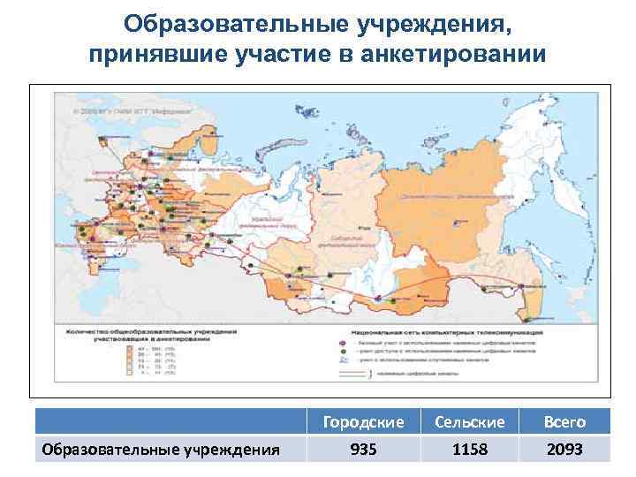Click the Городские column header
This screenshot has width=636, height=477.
[x=363, y=422]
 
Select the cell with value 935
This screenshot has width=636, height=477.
[x=363, y=450]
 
